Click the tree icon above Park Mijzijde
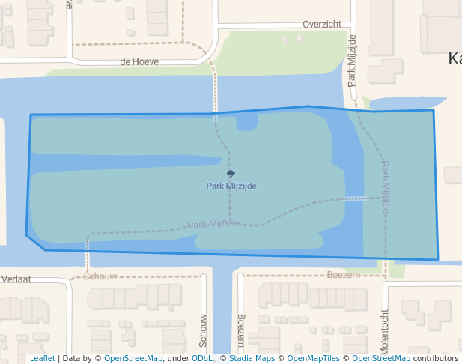coord(231,175)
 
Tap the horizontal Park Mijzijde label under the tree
coord(231,186)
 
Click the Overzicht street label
coord(322,25)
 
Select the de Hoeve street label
coord(139,62)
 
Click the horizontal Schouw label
coord(100,276)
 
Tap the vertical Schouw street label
coord(203,330)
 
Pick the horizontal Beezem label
coord(344,276)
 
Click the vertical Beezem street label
coord(240,329)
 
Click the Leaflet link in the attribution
coord(42,359)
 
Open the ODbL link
coord(202,359)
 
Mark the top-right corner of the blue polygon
coord(433,111)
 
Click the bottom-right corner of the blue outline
coord(438,260)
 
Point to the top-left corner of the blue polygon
coord(31,115)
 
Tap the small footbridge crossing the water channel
coord(362,199)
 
